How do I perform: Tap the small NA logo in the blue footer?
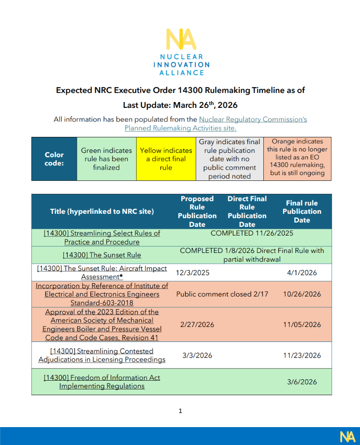click(x=347, y=436)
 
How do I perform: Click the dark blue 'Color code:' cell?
click(x=54, y=159)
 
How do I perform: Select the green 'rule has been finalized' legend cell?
click(x=106, y=159)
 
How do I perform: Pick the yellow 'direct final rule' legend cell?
click(x=166, y=159)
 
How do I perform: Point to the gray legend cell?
click(x=230, y=159)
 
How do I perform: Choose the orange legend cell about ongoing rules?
click(x=297, y=157)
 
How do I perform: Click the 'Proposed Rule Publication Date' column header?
click(x=197, y=211)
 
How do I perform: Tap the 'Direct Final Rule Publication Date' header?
click(x=247, y=211)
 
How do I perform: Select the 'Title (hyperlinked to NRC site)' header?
click(x=102, y=211)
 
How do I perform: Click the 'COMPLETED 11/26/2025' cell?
click(x=252, y=233)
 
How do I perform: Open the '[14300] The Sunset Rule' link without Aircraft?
click(x=102, y=255)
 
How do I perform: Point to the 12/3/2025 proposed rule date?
click(x=193, y=272)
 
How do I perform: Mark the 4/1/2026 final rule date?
click(x=302, y=272)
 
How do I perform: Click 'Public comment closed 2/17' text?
click(x=222, y=294)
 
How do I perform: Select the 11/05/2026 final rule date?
click(x=302, y=325)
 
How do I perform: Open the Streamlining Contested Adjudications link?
click(x=102, y=355)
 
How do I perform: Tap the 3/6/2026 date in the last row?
click(x=302, y=382)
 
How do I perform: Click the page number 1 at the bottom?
click(x=180, y=411)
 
